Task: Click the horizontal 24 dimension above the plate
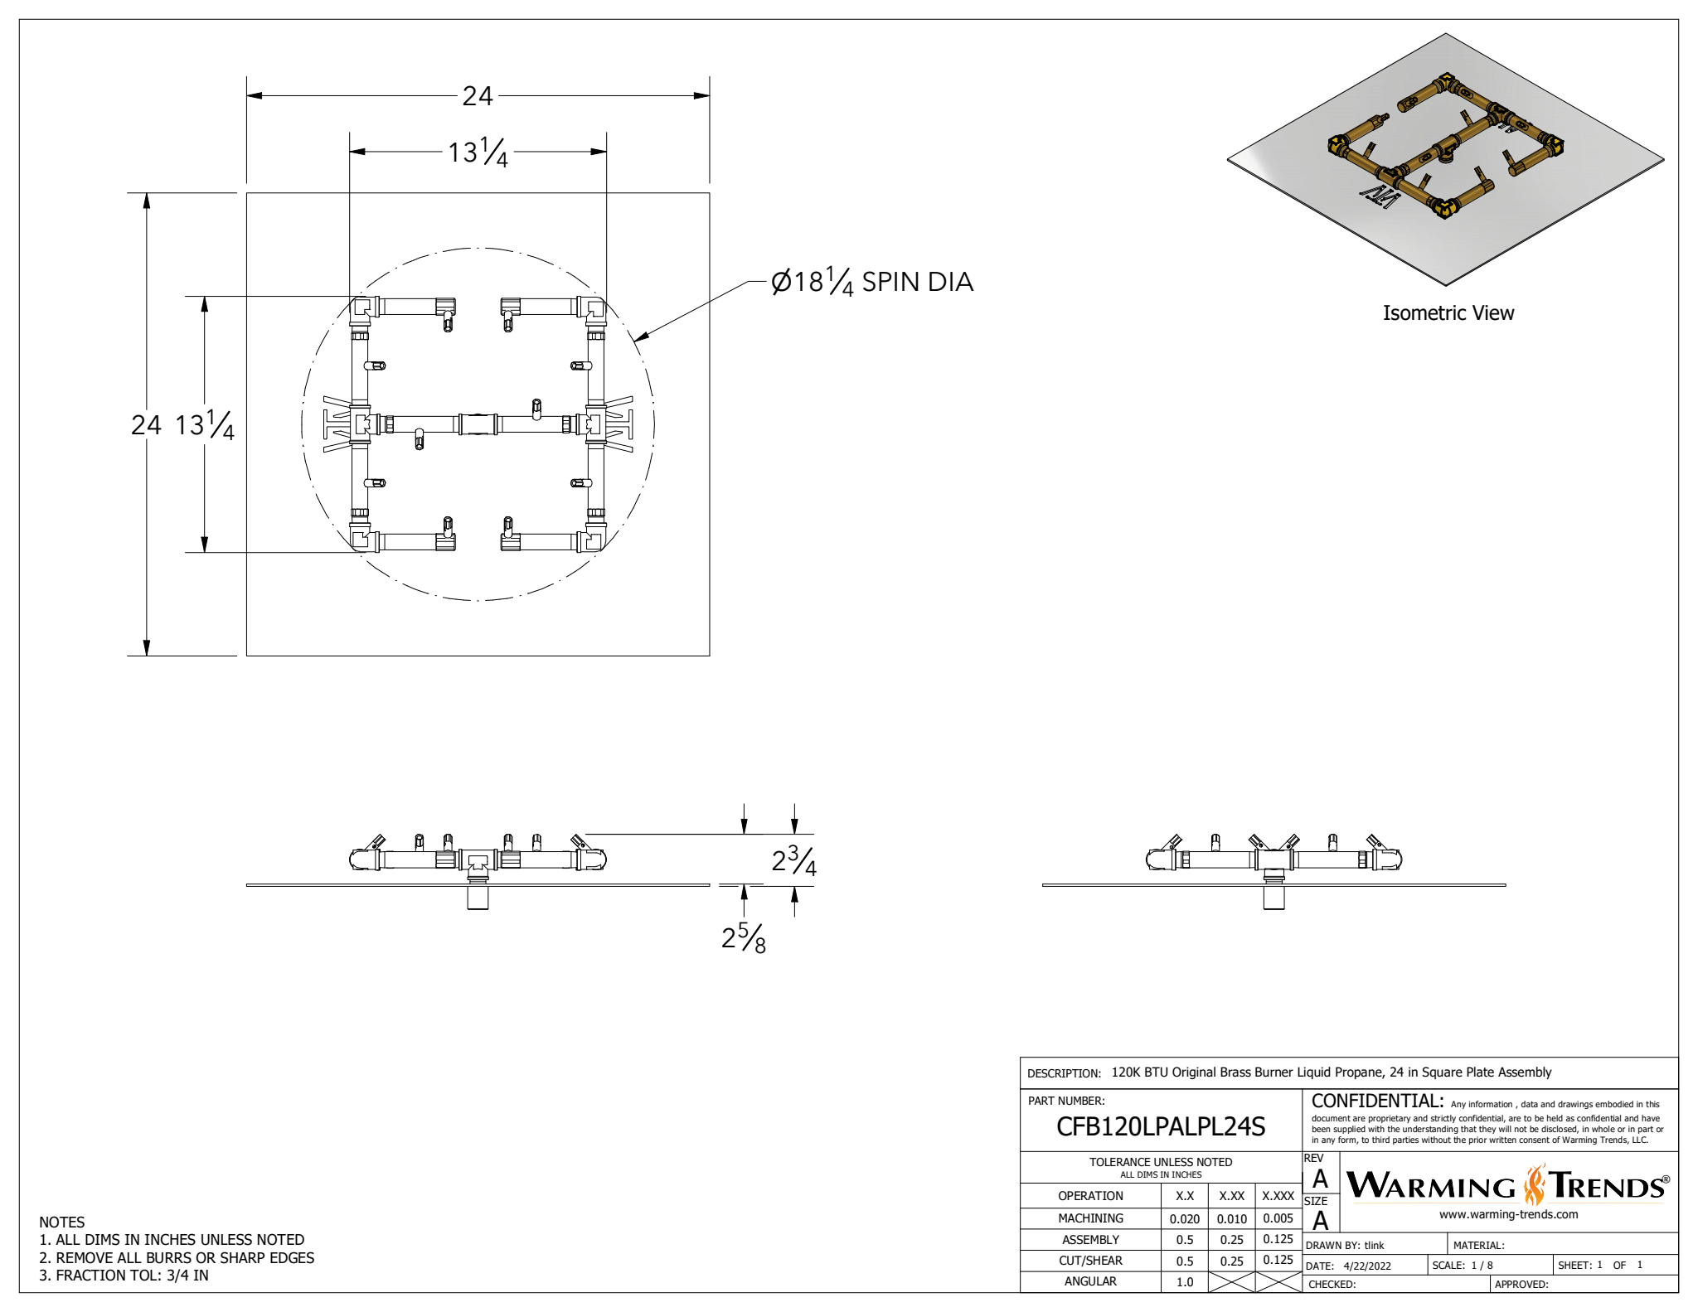tap(478, 96)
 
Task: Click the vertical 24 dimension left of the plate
tap(146, 425)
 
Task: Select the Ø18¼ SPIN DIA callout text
tap(871, 283)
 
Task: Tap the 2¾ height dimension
tap(793, 861)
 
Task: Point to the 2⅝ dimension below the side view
tap(744, 938)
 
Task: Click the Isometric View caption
tap(1448, 313)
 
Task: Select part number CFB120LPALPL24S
tap(1160, 1127)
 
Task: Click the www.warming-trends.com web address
tap(1508, 1215)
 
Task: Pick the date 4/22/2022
tap(1367, 1266)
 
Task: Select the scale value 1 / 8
tap(1482, 1266)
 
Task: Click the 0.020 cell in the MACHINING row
tap(1184, 1219)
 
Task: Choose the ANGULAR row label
tap(1090, 1282)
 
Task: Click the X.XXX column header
tap(1278, 1196)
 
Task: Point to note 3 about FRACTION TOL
tap(124, 1276)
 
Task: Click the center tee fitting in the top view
tap(478, 424)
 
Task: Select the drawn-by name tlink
tap(1375, 1246)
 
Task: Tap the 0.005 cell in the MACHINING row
tap(1278, 1219)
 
